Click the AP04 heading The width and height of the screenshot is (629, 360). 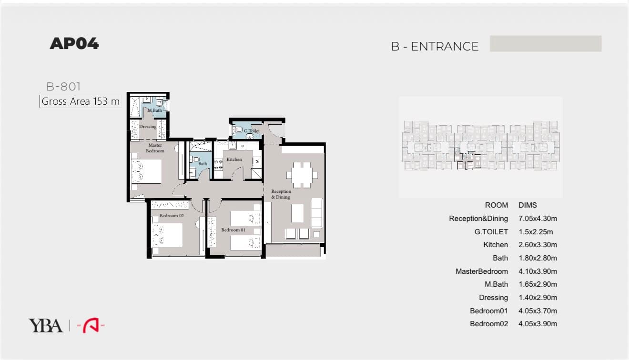[74, 43]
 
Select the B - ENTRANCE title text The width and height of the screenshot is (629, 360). [435, 46]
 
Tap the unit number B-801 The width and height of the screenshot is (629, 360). [63, 87]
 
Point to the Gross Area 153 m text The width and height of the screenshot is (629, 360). [81, 101]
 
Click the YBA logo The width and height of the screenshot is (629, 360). [45, 326]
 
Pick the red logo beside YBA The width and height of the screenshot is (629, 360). [91, 326]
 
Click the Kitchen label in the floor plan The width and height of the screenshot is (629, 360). [234, 160]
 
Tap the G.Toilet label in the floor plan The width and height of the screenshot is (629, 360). [252, 131]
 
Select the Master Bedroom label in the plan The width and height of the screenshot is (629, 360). [155, 148]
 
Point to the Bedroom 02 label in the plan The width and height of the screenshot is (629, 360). [172, 216]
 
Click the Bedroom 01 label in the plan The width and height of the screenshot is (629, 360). [233, 230]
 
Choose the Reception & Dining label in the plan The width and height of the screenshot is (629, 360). [281, 194]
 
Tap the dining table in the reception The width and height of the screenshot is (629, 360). [302, 175]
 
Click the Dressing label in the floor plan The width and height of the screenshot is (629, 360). [148, 127]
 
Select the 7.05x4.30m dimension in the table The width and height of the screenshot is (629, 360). [538, 219]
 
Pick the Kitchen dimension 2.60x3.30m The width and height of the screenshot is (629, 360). [538, 245]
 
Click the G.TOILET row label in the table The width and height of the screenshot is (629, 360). [491, 232]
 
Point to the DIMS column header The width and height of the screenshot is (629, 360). [528, 205]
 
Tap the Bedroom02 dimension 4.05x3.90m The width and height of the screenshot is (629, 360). [538, 324]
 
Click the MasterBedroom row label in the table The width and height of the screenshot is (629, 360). [482, 271]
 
